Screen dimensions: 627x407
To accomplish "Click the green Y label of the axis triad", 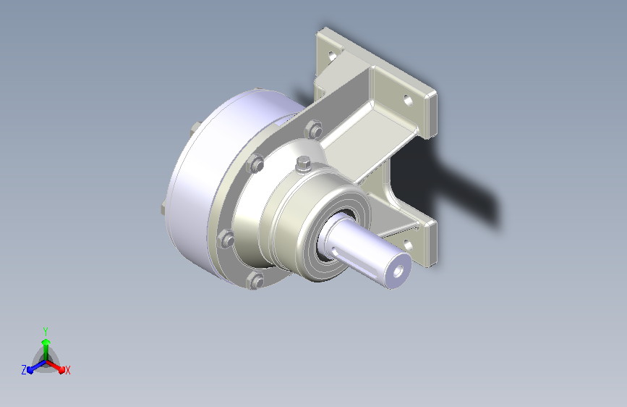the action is (46, 331).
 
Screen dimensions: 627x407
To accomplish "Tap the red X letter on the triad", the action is (67, 370).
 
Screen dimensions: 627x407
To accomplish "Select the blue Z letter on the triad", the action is (24, 370).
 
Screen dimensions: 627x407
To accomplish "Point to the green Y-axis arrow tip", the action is (46, 342).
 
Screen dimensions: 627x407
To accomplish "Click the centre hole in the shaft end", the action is (398, 272).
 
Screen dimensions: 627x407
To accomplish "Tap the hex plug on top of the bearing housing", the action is (304, 164).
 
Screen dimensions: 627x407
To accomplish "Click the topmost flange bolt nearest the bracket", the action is (314, 130).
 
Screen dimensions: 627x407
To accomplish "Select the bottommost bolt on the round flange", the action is (255, 280).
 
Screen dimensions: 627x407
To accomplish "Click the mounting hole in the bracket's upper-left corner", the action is (332, 56).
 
